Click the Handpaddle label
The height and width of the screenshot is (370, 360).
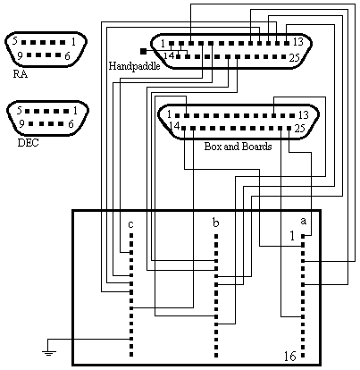[x=134, y=66]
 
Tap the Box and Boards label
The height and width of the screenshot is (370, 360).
[x=238, y=147]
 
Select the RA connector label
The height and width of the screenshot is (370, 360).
[x=21, y=74]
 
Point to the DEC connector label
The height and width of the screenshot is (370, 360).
[x=28, y=143]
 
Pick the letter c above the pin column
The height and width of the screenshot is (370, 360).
[x=130, y=223]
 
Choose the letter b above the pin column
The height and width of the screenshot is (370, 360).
[x=216, y=223]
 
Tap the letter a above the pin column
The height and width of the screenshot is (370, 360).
[x=303, y=221]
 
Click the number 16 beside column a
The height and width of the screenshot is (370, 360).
[x=290, y=356]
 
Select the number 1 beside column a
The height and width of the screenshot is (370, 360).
[x=292, y=236]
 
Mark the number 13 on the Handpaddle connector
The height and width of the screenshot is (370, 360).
[x=297, y=42]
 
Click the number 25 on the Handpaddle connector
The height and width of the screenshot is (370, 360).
[x=294, y=57]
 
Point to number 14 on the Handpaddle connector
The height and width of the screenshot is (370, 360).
[x=169, y=55]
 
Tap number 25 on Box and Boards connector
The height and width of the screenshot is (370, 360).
[x=300, y=128]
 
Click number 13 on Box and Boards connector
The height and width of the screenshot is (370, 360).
[x=304, y=114]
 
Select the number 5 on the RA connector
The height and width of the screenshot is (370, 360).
[x=15, y=40]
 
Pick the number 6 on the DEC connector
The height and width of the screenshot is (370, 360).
[x=71, y=123]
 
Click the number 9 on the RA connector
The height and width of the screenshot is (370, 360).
[x=20, y=55]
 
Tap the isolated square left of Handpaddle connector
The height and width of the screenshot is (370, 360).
[x=143, y=51]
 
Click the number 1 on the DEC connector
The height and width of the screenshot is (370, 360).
[x=75, y=111]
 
